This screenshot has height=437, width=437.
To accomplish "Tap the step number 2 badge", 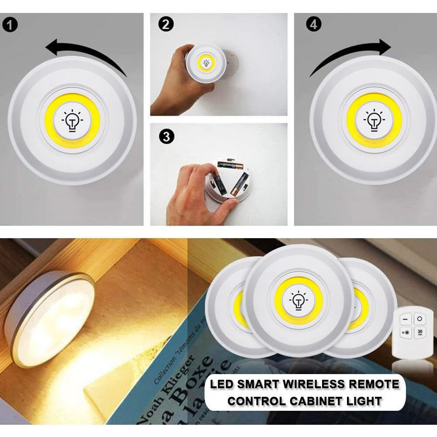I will pyautogui.click(x=165, y=24).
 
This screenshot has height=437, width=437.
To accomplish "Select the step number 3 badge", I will pyautogui.click(x=165, y=136).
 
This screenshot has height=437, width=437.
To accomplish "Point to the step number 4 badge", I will pyautogui.click(x=313, y=24).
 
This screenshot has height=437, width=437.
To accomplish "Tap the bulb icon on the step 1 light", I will pyautogui.click(x=72, y=120).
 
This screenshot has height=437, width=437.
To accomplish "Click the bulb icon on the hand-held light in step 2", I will pyautogui.click(x=205, y=63).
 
